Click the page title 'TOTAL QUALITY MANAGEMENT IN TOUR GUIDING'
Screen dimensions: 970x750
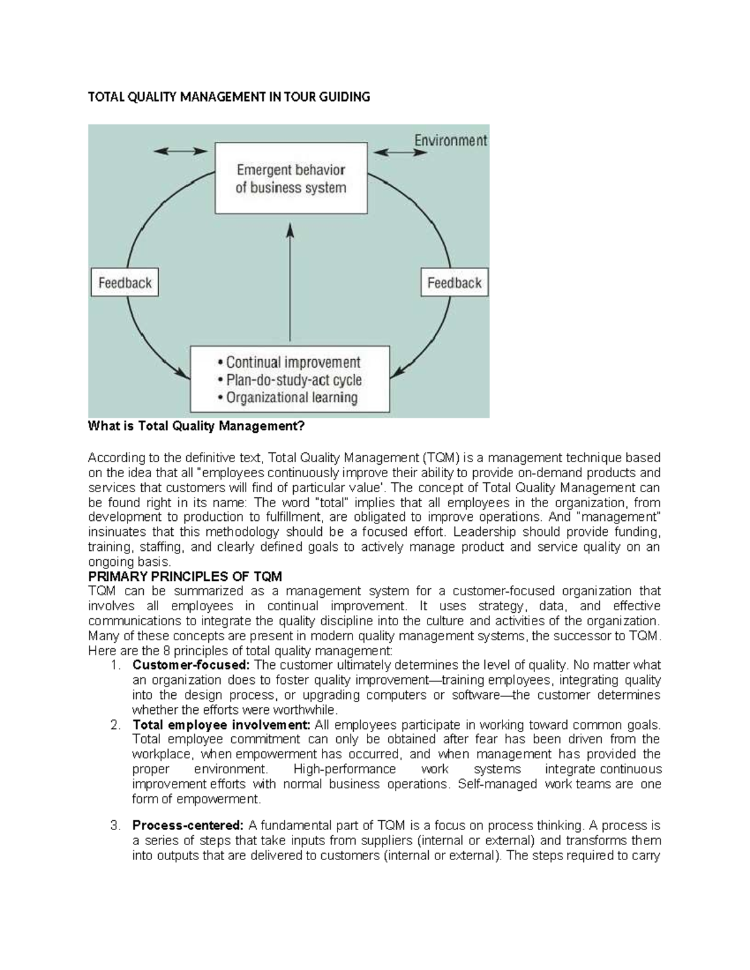(229, 97)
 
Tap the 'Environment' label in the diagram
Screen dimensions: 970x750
(450, 141)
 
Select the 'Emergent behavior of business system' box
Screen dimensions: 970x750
(291, 179)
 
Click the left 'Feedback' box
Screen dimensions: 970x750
(125, 283)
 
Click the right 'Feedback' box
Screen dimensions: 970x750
(454, 283)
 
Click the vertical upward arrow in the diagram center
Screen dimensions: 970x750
(289, 281)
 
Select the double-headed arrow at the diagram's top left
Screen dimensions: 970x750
(181, 151)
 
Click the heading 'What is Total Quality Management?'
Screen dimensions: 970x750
(196, 427)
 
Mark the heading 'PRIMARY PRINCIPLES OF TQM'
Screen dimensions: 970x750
(185, 576)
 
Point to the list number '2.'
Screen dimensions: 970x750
(115, 725)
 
